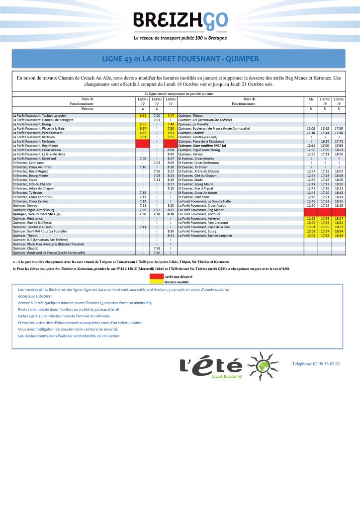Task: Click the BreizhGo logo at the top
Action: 180,21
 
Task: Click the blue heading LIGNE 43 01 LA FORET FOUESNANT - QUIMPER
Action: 180,59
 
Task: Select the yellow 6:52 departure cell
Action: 143,115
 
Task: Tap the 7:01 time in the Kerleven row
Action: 143,137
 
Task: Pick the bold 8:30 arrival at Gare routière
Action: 171,214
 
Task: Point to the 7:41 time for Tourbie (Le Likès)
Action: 143,227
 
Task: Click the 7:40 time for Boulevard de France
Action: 157,253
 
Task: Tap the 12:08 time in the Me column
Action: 311,128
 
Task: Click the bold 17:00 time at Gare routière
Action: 325,146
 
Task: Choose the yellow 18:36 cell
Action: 339,236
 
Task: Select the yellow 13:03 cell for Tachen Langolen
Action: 311,236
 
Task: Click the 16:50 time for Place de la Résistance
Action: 325,141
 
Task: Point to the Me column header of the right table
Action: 311,100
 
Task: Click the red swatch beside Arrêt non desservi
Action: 156,276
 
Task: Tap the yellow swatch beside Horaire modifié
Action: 156,281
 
